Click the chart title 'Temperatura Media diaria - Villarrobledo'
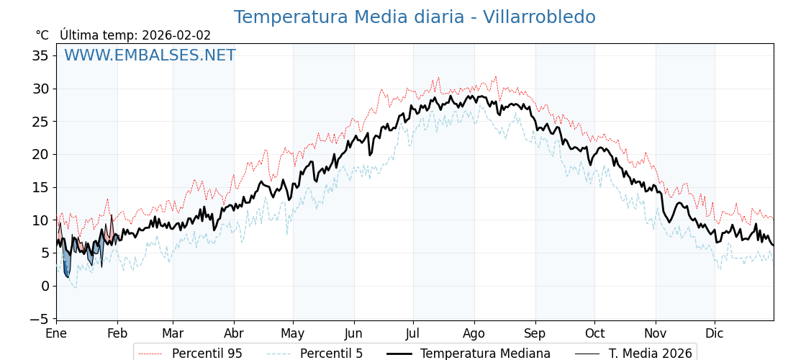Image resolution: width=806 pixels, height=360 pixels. click(x=415, y=17)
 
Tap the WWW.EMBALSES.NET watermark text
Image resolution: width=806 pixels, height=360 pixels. click(x=150, y=55)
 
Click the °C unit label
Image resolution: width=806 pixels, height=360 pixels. click(x=42, y=35)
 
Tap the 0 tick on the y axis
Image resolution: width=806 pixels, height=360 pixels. click(x=45, y=286)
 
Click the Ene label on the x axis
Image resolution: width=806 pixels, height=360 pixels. click(x=56, y=333)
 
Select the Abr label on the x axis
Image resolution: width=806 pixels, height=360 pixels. click(x=234, y=333)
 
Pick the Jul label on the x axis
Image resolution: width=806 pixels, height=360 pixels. click(x=413, y=333)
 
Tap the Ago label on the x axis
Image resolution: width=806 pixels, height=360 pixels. click(x=474, y=333)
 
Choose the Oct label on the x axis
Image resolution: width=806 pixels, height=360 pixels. click(x=594, y=333)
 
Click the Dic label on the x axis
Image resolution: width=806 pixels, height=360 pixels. click(x=715, y=333)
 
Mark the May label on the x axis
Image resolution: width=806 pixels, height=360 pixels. click(x=293, y=333)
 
